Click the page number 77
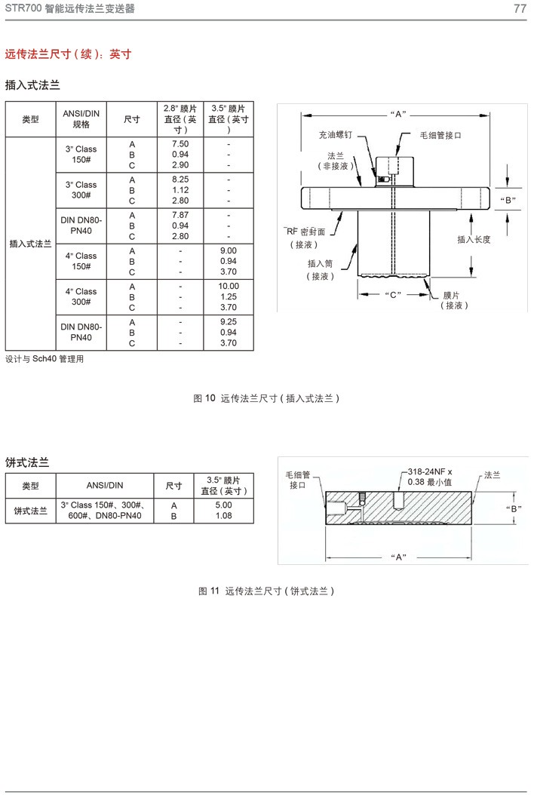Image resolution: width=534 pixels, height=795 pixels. tap(519, 9)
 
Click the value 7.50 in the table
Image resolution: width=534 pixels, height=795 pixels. tap(180, 143)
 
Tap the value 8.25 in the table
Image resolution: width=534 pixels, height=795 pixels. tap(180, 180)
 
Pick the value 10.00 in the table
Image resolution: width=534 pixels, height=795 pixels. tap(228, 286)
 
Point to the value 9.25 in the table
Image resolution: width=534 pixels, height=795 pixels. tap(228, 321)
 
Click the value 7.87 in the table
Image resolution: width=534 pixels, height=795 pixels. tap(180, 215)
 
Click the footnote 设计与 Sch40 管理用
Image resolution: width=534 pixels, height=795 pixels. tap(44, 359)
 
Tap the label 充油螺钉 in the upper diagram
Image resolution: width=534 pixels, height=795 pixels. tap(334, 135)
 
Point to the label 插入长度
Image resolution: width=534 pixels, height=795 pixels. tap(473, 239)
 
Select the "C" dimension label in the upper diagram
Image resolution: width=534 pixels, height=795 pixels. tap(392, 293)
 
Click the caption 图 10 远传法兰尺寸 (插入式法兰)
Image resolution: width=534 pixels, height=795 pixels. tap(266, 397)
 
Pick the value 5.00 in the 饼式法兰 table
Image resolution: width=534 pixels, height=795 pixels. tap(223, 505)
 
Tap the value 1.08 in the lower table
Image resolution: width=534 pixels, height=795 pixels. tap(223, 516)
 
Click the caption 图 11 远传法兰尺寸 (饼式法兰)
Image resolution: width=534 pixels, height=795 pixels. tap(266, 591)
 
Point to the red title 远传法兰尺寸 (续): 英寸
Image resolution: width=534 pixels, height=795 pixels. tap(69, 54)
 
